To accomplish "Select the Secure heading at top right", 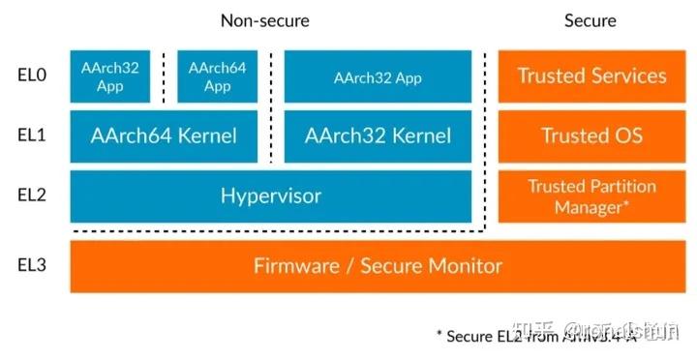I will pos(590,20).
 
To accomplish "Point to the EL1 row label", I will pos(33,136).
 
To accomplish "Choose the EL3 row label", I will pos(33,266).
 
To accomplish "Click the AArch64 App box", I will pos(217,76).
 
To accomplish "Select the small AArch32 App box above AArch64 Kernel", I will pos(110,76).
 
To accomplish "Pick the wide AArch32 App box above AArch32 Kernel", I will pos(378,76).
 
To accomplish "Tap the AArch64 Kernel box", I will pos(164,136).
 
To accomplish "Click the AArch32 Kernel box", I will pos(378,136).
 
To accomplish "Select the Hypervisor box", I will pos(270,196).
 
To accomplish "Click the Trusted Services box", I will pos(591,76).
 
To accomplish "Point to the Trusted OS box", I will pos(591,136).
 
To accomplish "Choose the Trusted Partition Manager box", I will pos(591,196).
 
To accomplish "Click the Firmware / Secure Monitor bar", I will pos(378,266).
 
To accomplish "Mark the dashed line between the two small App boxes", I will pos(164,76).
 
